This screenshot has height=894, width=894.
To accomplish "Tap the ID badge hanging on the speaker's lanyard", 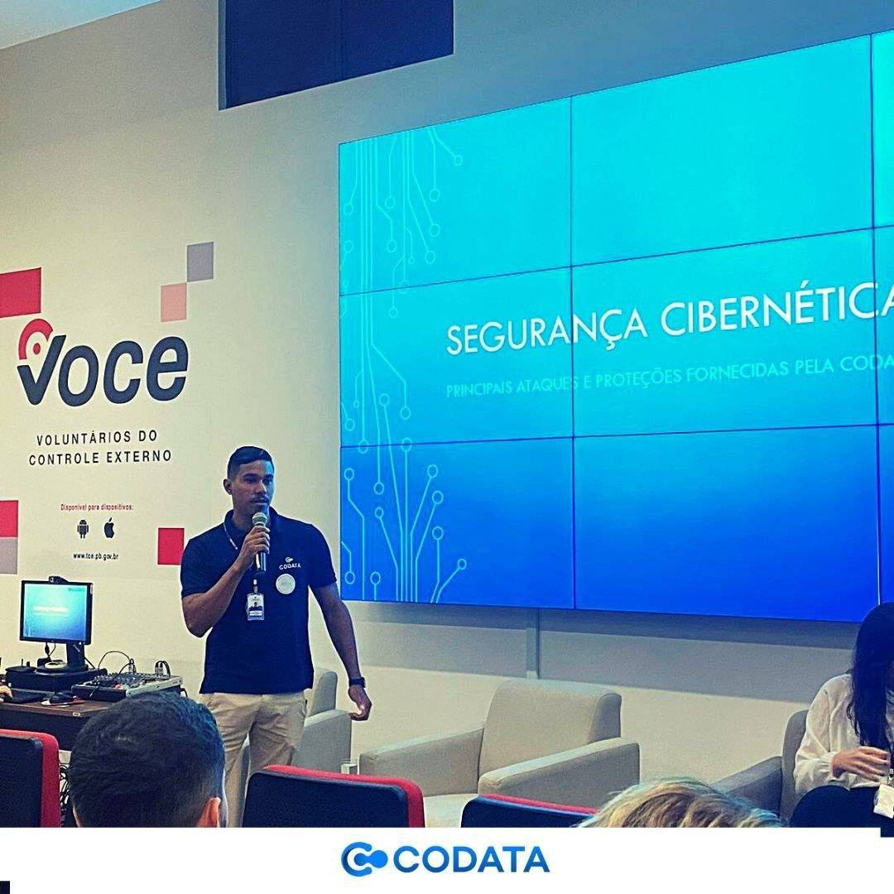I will click(x=255, y=606).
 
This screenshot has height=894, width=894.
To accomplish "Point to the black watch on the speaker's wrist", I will click(x=357, y=681).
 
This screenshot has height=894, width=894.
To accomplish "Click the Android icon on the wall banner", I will click(x=83, y=528).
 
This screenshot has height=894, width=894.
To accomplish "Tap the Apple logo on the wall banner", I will click(x=109, y=527).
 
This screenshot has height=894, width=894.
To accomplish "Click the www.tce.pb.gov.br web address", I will click(x=95, y=556).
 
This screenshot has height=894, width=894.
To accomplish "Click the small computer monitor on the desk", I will click(x=55, y=613).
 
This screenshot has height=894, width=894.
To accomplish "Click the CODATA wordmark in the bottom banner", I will click(x=470, y=859).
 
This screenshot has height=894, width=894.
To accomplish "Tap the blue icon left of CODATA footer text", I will click(x=363, y=859).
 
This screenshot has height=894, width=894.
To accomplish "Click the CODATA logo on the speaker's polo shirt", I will click(x=289, y=564).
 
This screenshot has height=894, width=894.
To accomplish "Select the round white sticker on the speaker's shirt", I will click(x=286, y=584).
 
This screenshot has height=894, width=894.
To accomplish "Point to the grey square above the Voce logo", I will click(x=199, y=261).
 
